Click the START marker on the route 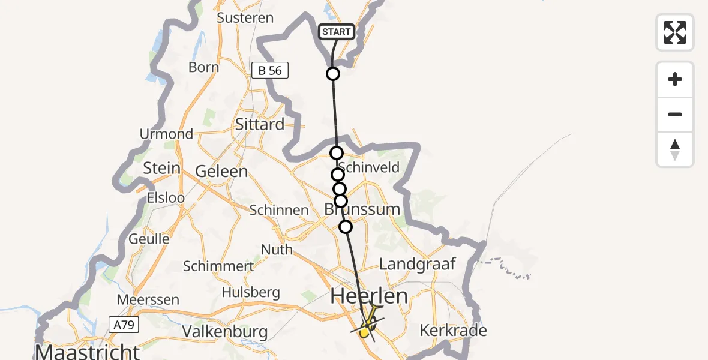336,32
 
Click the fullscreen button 675,32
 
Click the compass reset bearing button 675,149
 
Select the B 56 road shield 270,71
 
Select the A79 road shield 124,325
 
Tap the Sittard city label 260,124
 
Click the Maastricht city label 88,350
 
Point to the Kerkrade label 453,330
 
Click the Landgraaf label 418,263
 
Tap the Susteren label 245,17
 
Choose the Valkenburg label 224,331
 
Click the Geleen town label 221,171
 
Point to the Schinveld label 370,167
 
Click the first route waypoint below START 333,74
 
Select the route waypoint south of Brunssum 346,226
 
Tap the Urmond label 166,134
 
